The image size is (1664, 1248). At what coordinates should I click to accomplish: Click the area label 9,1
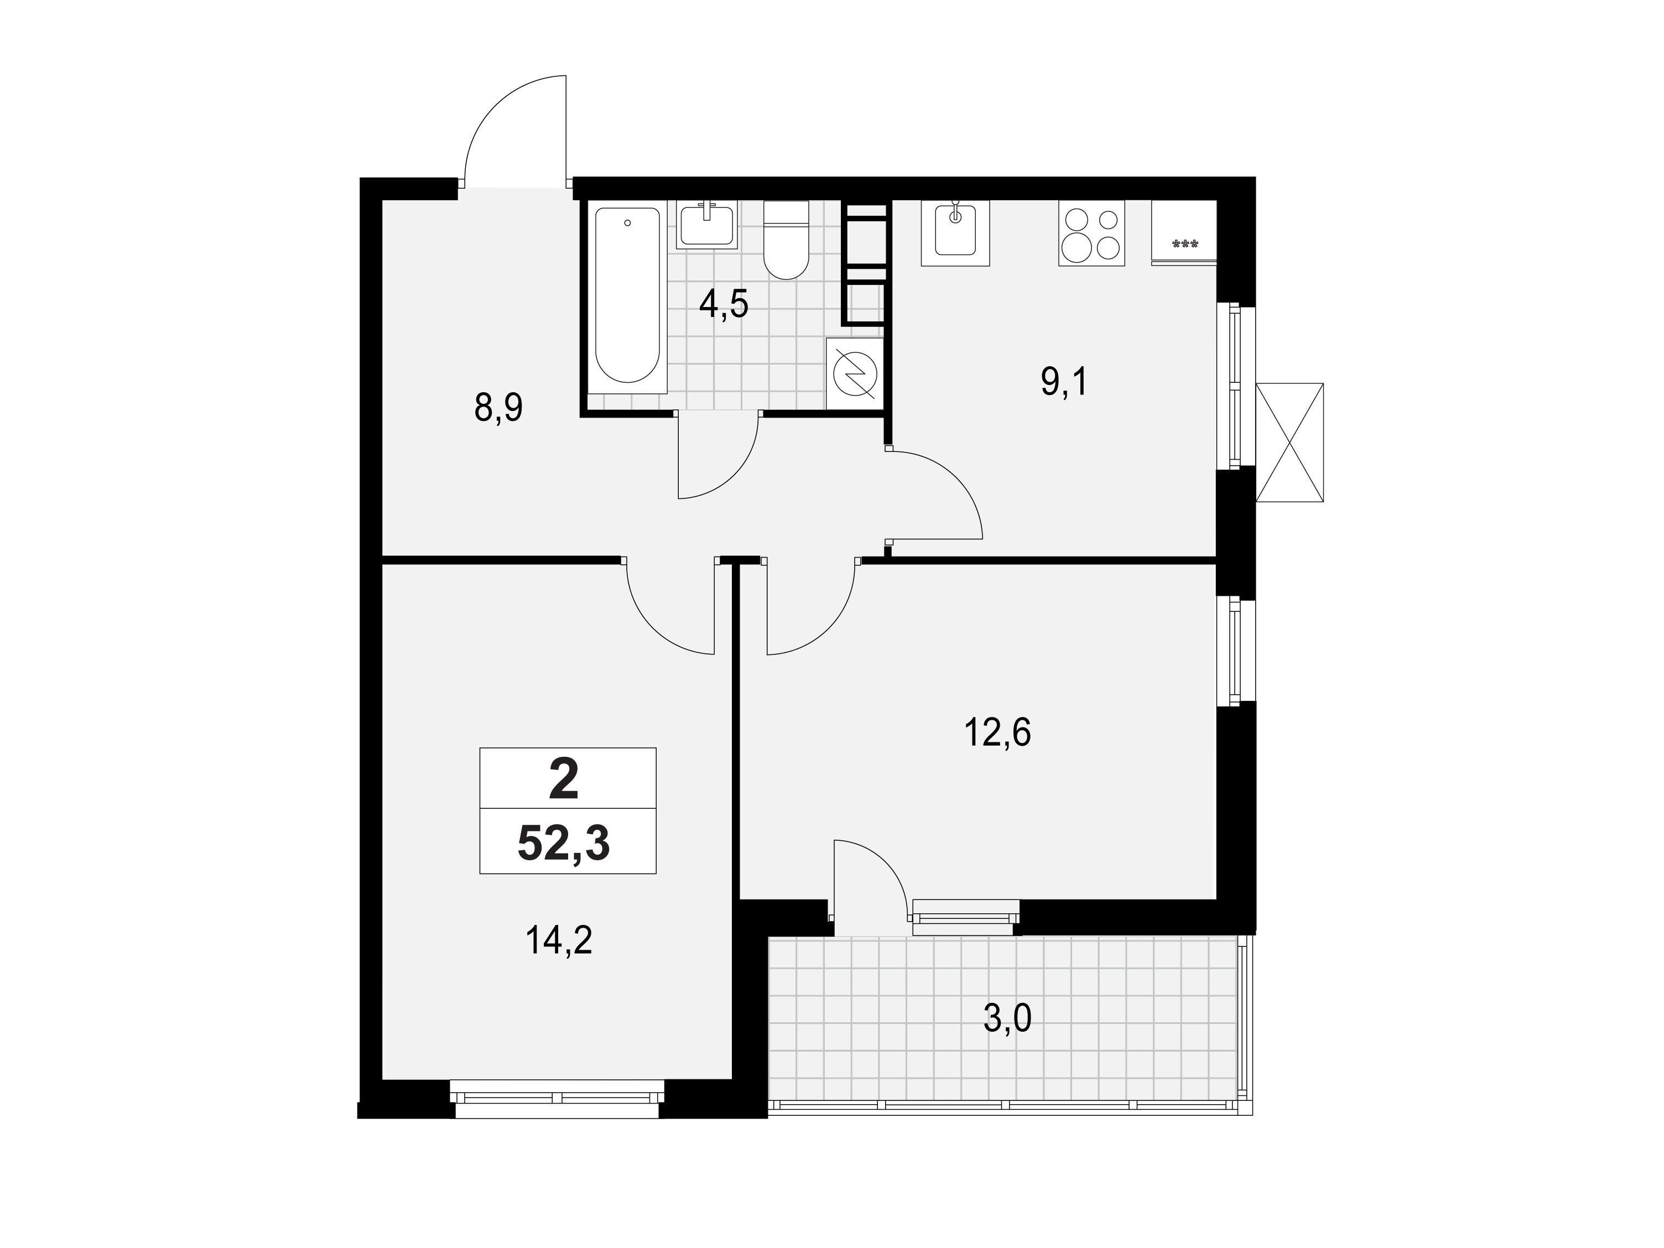pos(1064,383)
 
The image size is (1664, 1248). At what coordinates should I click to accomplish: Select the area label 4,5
pos(724,304)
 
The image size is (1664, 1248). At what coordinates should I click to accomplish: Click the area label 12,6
pos(997,732)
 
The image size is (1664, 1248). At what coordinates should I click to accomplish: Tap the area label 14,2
pos(559,940)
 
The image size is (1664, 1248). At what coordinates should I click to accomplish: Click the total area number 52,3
pos(564,843)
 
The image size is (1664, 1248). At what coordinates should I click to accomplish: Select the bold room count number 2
pos(564,779)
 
